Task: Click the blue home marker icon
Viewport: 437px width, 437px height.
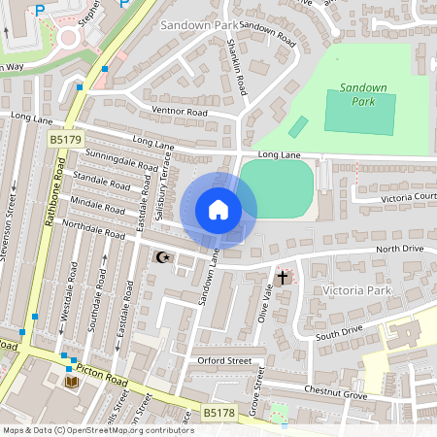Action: pyautogui.click(x=218, y=210)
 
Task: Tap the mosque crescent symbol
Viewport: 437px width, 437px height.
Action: pyautogui.click(x=163, y=257)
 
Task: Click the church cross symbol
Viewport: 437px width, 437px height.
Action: pyautogui.click(x=283, y=278)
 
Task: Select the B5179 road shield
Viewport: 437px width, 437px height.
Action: pyautogui.click(x=65, y=141)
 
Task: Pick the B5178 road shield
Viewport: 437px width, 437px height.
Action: pyautogui.click(x=219, y=414)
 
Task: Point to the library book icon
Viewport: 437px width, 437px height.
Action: pyautogui.click(x=72, y=383)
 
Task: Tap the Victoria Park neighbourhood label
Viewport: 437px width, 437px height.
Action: pyautogui.click(x=355, y=289)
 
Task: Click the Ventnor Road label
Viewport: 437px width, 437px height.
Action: pyautogui.click(x=181, y=113)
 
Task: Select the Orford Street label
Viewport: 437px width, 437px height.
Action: pyautogui.click(x=225, y=360)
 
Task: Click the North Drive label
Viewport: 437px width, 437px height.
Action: pyautogui.click(x=400, y=250)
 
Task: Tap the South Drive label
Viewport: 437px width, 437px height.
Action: pyautogui.click(x=338, y=333)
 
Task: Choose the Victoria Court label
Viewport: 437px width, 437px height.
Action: pyautogui.click(x=408, y=197)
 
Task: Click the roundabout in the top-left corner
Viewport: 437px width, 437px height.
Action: pyautogui.click(x=68, y=39)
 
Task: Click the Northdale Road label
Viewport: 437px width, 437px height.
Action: pyautogui.click(x=95, y=230)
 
